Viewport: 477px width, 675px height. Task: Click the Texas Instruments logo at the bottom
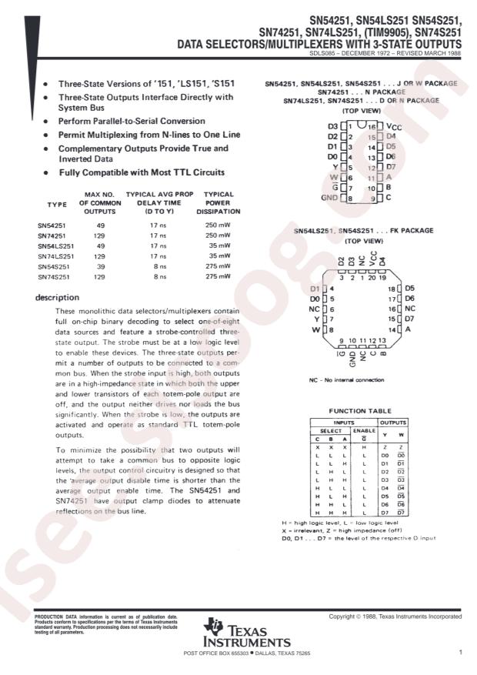[x=246, y=633]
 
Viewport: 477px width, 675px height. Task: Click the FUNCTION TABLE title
[x=360, y=411]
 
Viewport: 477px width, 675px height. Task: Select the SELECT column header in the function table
[x=330, y=430]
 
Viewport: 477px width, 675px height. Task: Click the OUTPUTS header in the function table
[x=392, y=422]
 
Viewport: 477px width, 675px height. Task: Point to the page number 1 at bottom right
[x=459, y=653]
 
